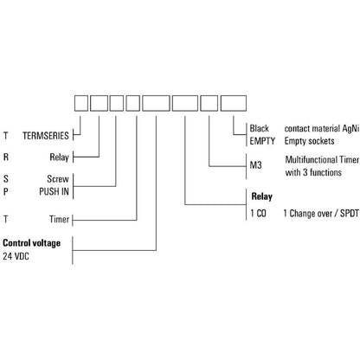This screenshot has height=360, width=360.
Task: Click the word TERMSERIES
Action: pyautogui.click(x=46, y=136)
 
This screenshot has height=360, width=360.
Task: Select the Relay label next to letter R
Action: pyautogui.click(x=59, y=157)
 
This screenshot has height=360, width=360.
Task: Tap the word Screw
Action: pyautogui.click(x=58, y=179)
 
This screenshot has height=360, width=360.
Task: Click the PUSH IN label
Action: pyautogui.click(x=54, y=191)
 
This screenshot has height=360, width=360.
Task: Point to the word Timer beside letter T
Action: pyautogui.click(x=59, y=219)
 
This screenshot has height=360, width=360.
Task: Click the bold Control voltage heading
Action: pyautogui.click(x=32, y=243)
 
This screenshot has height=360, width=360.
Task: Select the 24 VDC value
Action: pyautogui.click(x=16, y=256)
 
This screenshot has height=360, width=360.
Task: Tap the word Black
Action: pyautogui.click(x=259, y=128)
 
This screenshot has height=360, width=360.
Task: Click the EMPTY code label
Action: pyautogui.click(x=262, y=141)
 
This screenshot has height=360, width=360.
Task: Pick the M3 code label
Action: pyautogui.click(x=255, y=165)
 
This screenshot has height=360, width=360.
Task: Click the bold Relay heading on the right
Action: pyautogui.click(x=262, y=196)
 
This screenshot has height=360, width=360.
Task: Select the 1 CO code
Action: pyautogui.click(x=258, y=214)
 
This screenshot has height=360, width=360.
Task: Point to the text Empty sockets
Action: pyautogui.click(x=310, y=141)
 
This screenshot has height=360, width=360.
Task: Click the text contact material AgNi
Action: pyautogui.click(x=322, y=129)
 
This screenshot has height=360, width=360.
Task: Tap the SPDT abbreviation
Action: pyautogui.click(x=350, y=214)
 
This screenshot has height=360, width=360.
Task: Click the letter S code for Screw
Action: pyautogui.click(x=6, y=179)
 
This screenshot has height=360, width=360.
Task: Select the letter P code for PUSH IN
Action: pyautogui.click(x=6, y=191)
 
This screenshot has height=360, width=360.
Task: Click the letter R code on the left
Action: pyautogui.click(x=6, y=157)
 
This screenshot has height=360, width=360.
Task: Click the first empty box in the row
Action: pyautogui.click(x=81, y=103)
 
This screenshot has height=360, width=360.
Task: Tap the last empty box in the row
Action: pyautogui.click(x=234, y=103)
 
